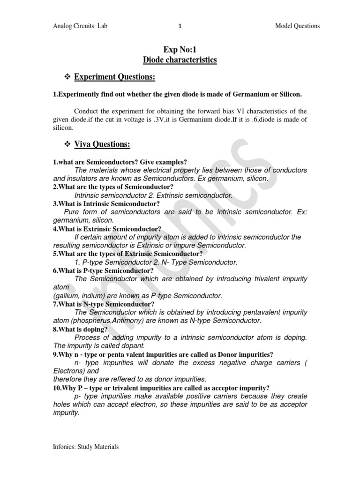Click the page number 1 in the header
[180, 26]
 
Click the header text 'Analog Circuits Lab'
[80, 26]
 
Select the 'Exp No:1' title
[180, 50]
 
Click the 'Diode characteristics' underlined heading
[180, 60]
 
